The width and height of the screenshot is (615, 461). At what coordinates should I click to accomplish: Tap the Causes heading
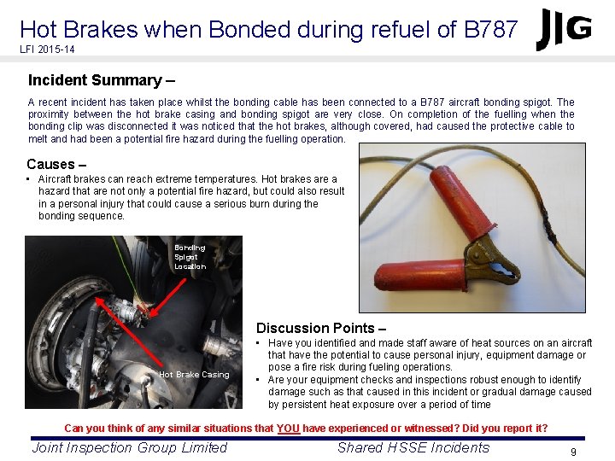tap(57, 164)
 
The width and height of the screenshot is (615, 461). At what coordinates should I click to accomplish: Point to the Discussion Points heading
tap(321, 328)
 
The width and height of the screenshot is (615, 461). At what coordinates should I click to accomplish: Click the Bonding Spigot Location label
tap(190, 256)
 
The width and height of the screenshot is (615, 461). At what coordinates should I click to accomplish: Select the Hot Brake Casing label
tap(194, 374)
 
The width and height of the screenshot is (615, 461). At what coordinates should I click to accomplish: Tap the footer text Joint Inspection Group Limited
tap(130, 447)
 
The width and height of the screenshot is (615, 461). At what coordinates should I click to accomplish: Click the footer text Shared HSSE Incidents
tap(413, 447)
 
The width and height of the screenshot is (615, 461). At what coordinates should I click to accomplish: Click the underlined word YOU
tap(289, 428)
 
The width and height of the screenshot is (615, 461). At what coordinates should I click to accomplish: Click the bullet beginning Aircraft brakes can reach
tap(191, 197)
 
